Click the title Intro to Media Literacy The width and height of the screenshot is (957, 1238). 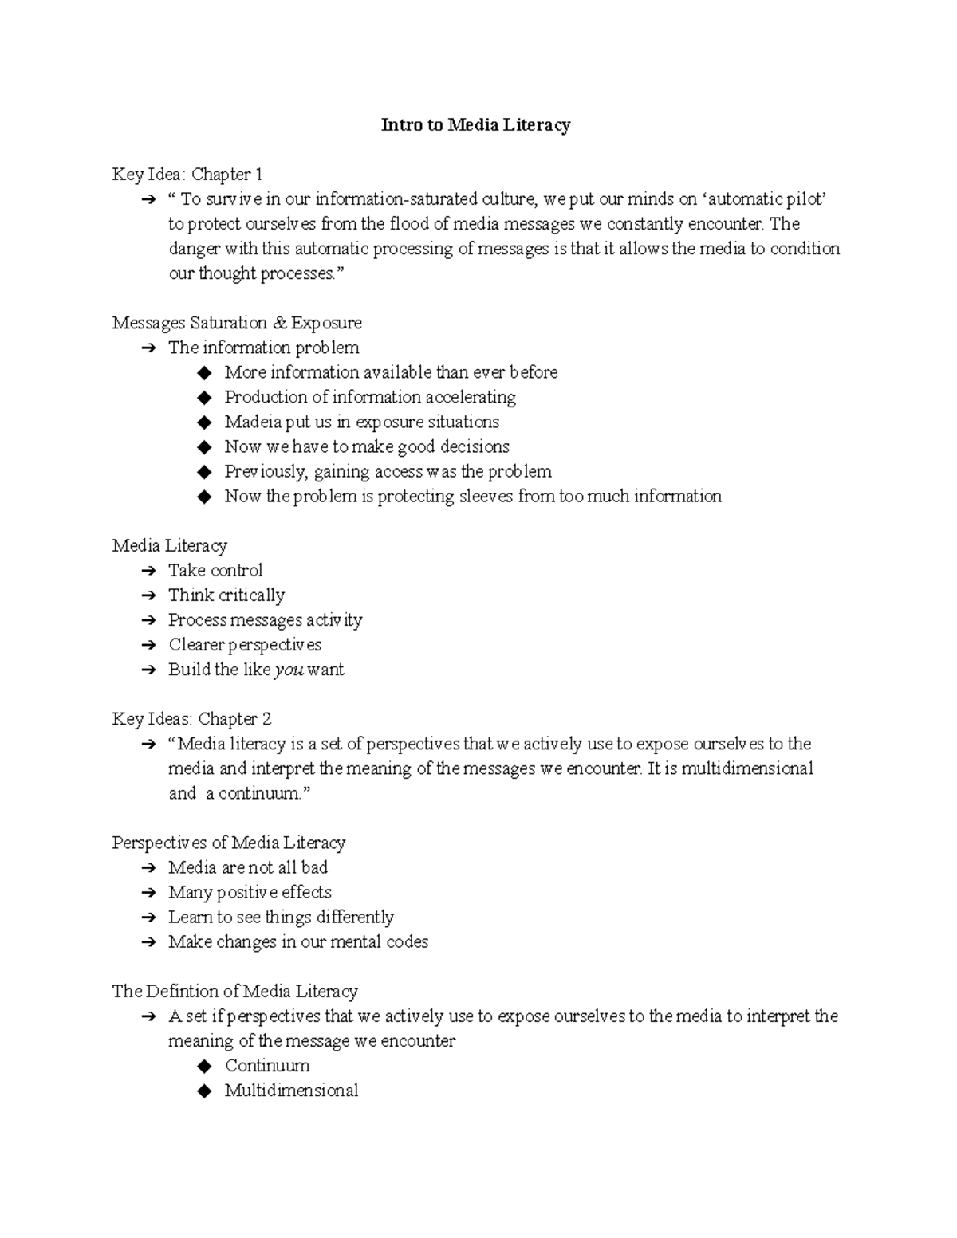coord(475,125)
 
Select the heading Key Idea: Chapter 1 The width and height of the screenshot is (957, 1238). coord(187,175)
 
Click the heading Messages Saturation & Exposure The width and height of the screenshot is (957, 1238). coord(237,323)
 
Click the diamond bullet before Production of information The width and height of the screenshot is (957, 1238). coord(205,398)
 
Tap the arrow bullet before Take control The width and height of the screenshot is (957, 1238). coord(148,571)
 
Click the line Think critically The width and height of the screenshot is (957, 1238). coord(226,595)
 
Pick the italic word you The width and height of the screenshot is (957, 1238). coord(289,670)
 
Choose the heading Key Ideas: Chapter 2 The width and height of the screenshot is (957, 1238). coord(191,719)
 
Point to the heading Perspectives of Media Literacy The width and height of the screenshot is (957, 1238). coord(228,843)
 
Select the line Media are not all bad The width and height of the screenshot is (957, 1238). coord(247,867)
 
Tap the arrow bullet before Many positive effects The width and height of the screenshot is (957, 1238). coord(148,893)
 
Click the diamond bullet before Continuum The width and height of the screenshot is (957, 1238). coord(205,1067)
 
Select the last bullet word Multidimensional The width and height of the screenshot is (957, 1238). coord(291,1091)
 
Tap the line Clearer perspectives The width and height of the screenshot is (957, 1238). coord(245,645)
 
